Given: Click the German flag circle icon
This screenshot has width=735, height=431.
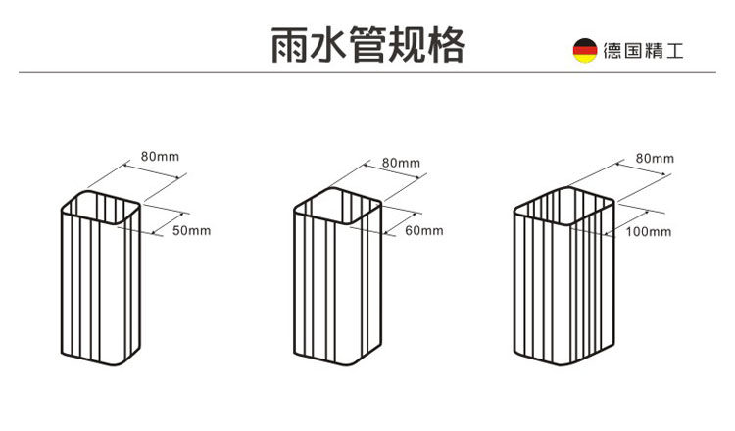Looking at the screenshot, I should pyautogui.click(x=585, y=51).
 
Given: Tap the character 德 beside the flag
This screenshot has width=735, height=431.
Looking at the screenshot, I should pyautogui.click(x=612, y=51).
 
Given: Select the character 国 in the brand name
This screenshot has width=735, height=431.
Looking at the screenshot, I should pyautogui.click(x=633, y=51).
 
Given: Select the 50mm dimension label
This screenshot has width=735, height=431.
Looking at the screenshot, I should pyautogui.click(x=191, y=231).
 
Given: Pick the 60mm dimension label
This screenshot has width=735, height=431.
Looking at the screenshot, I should pyautogui.click(x=423, y=231).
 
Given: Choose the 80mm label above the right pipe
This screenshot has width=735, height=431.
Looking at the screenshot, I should pyautogui.click(x=655, y=158).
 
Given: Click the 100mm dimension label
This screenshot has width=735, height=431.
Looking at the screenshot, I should pyautogui.click(x=648, y=232).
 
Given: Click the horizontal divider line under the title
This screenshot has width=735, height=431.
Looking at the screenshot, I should pyautogui.click(x=367, y=72).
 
